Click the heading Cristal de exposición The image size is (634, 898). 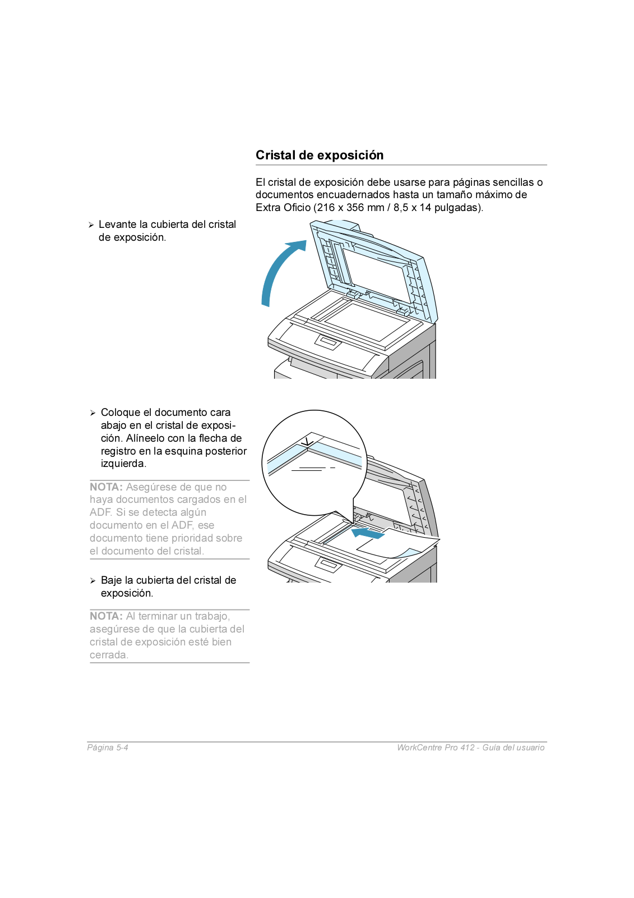coord(320,155)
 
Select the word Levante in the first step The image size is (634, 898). coord(117,224)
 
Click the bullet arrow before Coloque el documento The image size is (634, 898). coord(93,413)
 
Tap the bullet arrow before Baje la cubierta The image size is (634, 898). coord(93,581)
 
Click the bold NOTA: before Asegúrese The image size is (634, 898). coord(106,487)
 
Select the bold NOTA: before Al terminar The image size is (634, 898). coord(106,616)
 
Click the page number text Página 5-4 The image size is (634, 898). coord(108,748)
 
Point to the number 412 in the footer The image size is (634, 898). coord(467,748)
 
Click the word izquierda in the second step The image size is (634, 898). coord(123,464)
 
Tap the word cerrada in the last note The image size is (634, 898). coord(108,655)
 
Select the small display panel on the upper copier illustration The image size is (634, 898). coord(328,341)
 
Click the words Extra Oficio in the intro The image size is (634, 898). coord(283,208)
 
